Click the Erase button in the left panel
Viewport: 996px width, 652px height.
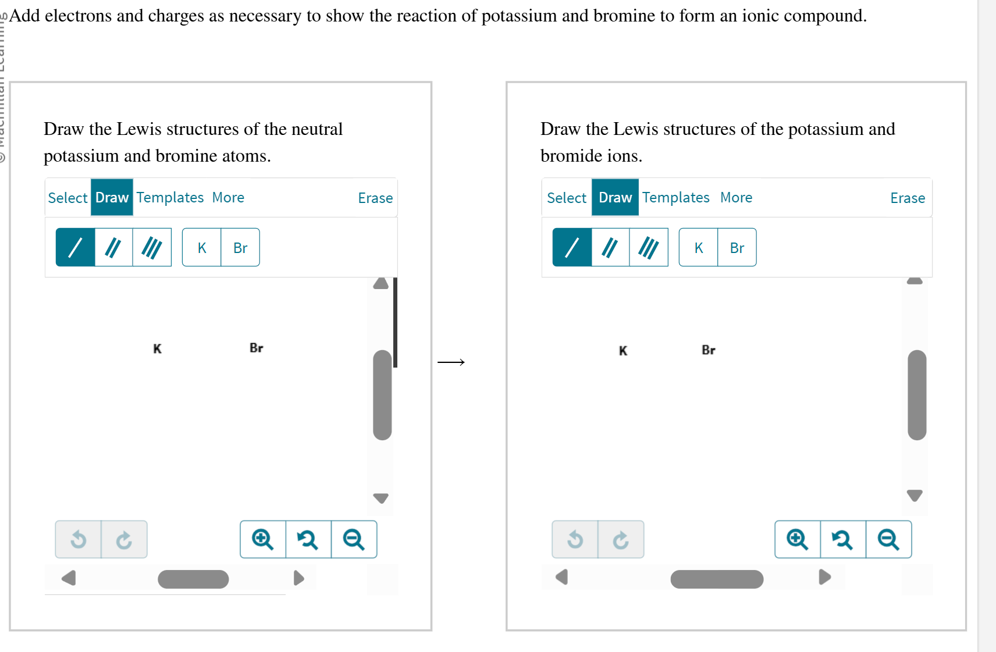(375, 198)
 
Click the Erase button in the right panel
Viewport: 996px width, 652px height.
(907, 198)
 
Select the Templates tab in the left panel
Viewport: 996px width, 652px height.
(170, 198)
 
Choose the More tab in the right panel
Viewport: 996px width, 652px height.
(736, 198)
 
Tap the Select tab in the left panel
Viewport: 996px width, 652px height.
(67, 198)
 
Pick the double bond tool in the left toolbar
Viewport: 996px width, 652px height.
(113, 248)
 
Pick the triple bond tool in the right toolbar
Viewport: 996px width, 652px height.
(648, 248)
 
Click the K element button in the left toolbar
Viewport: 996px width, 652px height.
(202, 248)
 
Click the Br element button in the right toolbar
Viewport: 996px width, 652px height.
(737, 248)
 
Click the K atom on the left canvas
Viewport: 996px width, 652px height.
(157, 349)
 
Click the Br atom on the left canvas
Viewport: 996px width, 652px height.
(256, 348)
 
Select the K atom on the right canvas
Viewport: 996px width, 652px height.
(623, 351)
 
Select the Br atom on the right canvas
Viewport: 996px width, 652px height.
(708, 350)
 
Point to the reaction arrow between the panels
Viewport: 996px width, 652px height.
(451, 362)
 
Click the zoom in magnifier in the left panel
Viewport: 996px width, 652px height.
(263, 540)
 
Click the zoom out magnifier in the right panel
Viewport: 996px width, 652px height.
(888, 540)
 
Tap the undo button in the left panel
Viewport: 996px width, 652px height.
(79, 540)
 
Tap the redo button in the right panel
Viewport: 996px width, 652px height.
(621, 540)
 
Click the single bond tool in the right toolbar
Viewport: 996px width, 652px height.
(572, 248)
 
